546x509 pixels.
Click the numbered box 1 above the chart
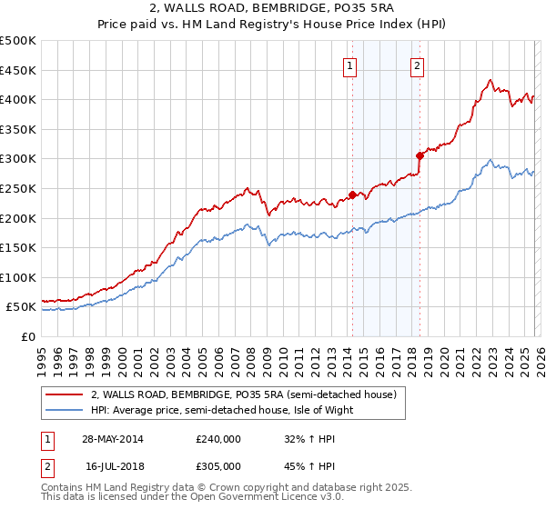click(x=350, y=65)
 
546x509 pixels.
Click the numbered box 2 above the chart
click(x=417, y=65)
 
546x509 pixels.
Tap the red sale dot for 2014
click(x=352, y=194)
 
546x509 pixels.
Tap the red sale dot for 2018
click(x=420, y=155)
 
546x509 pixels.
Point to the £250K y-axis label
click(x=18, y=188)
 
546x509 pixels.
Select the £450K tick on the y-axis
click(x=18, y=70)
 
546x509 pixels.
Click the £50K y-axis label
click(x=22, y=307)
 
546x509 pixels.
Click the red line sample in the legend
click(x=65, y=395)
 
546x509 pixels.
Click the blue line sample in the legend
click(x=65, y=410)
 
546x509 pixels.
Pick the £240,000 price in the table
click(x=218, y=438)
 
